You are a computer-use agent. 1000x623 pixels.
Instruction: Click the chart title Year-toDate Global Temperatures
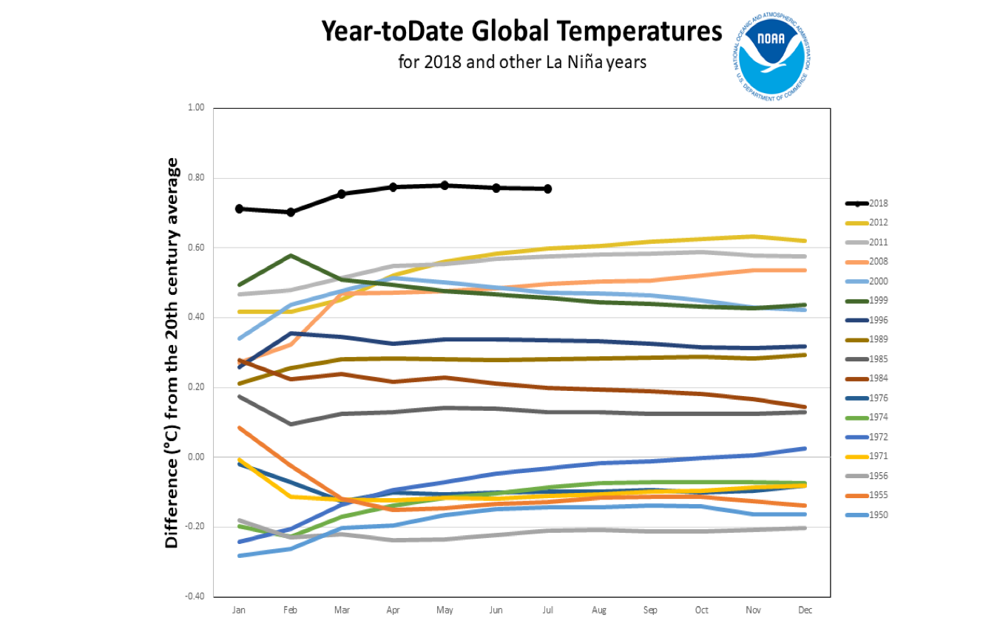[x=521, y=31]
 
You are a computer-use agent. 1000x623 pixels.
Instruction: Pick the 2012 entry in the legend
[x=879, y=222]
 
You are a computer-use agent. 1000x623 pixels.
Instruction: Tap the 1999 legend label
[x=879, y=301]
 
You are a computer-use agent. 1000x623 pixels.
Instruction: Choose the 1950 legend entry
[x=879, y=515]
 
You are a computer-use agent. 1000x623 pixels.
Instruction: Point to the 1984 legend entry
[x=879, y=378]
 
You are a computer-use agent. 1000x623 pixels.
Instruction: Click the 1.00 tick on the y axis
[x=195, y=108]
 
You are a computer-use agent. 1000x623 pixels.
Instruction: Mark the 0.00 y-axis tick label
[x=195, y=457]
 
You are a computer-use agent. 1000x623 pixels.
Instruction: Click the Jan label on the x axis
[x=239, y=610]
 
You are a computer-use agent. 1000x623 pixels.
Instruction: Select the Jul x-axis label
[x=547, y=610]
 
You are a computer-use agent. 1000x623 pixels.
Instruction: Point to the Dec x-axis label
[x=804, y=610]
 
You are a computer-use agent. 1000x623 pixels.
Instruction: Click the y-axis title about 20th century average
[x=172, y=352]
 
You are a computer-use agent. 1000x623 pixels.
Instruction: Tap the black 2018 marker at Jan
[x=239, y=209]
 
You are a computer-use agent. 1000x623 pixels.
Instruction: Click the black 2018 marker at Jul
[x=547, y=189]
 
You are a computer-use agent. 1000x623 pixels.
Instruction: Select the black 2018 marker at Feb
[x=291, y=212]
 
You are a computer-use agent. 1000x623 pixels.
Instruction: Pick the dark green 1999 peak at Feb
[x=291, y=256]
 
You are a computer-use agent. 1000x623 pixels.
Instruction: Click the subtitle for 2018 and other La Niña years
[x=521, y=62]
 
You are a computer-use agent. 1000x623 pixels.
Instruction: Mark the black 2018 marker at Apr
[x=393, y=187]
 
